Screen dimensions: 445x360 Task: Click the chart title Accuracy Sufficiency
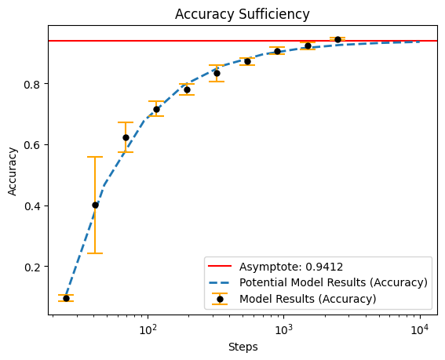(x=242, y=14)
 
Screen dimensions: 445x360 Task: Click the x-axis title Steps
(x=243, y=347)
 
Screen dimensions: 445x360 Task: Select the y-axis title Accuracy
(x=13, y=171)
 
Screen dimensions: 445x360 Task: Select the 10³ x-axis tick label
(x=284, y=329)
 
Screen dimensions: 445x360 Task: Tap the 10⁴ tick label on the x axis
(x=420, y=329)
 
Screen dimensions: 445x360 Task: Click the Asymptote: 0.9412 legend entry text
(x=291, y=267)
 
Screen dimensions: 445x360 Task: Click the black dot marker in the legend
(x=220, y=299)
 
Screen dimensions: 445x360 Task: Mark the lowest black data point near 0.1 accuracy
(x=66, y=299)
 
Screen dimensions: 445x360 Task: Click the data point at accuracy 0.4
(x=96, y=205)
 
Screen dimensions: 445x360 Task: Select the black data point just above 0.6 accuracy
(x=126, y=137)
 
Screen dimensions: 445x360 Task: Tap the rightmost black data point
(x=337, y=39)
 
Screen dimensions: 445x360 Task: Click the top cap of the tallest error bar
(x=96, y=157)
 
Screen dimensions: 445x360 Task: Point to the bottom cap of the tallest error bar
(x=96, y=253)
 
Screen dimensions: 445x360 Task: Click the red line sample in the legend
(x=220, y=266)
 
